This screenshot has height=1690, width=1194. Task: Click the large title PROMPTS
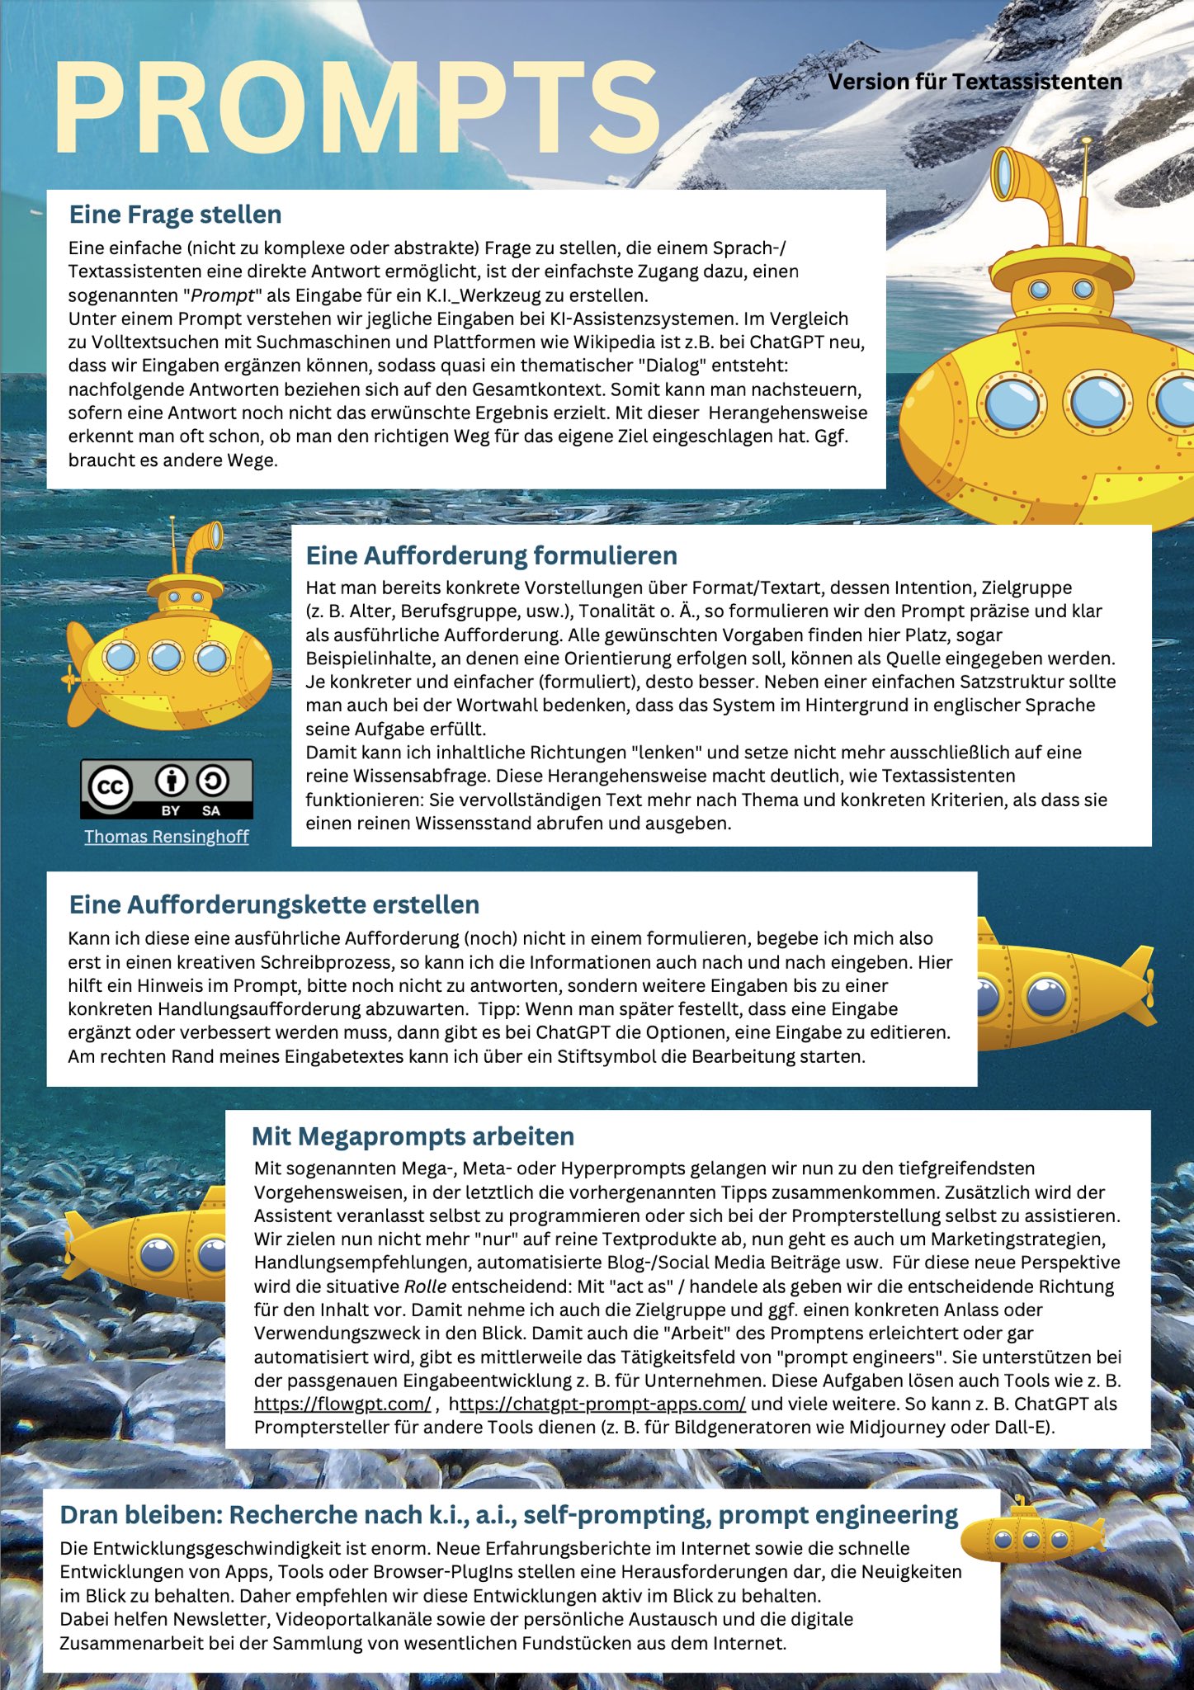tap(356, 107)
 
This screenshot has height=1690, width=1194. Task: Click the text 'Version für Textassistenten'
tap(975, 82)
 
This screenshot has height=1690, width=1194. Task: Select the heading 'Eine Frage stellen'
tap(175, 215)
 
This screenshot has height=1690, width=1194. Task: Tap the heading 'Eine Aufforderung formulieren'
tap(491, 555)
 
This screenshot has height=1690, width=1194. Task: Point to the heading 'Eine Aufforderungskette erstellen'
tap(274, 904)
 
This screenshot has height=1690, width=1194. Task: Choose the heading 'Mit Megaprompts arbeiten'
tap(413, 1136)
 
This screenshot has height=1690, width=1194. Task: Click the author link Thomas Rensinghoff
tap(166, 837)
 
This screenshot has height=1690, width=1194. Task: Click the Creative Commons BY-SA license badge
tap(166, 789)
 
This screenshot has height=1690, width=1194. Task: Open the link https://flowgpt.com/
tap(342, 1404)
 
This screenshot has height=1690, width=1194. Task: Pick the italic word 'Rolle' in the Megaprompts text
tap(425, 1286)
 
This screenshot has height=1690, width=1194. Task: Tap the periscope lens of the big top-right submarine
tap(1003, 175)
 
